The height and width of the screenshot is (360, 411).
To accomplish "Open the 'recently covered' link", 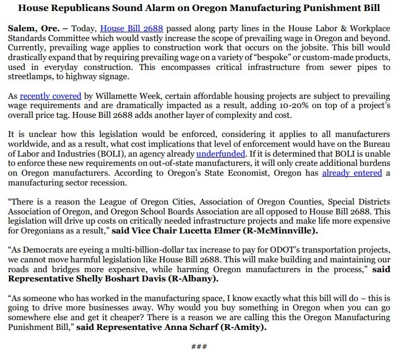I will point(50,97).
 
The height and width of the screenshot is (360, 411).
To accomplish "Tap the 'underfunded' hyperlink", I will point(221,154).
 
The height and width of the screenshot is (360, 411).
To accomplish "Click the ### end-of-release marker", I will point(199,347).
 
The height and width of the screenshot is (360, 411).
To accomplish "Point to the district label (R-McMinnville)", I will point(289,231).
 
